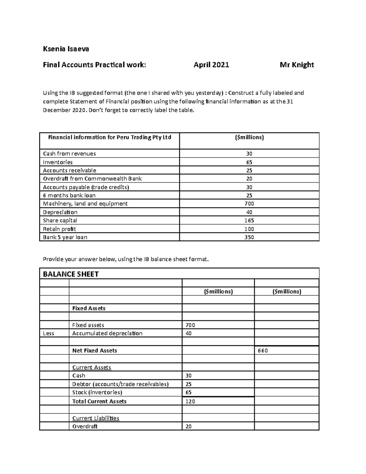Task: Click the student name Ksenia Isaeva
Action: pyautogui.click(x=66, y=49)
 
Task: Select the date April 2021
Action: pyautogui.click(x=211, y=65)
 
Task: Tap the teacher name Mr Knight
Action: pyautogui.click(x=297, y=65)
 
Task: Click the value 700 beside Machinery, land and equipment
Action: pyautogui.click(x=249, y=204)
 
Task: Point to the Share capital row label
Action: pyautogui.click(x=60, y=220)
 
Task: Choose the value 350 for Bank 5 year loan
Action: pyautogui.click(x=249, y=237)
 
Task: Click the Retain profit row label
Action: pyautogui.click(x=59, y=229)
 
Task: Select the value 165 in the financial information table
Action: pyautogui.click(x=249, y=220)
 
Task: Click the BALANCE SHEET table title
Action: pyautogui.click(x=71, y=274)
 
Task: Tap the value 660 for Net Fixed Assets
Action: pyautogui.click(x=263, y=351)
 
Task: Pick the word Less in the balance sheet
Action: pyautogui.click(x=48, y=333)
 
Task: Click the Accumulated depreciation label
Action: pyautogui.click(x=107, y=333)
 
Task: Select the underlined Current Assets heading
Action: pyautogui.click(x=91, y=367)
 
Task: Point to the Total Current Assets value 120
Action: pyautogui.click(x=190, y=401)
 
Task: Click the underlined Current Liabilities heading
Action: pyautogui.click(x=95, y=418)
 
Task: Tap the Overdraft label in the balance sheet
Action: pyautogui.click(x=85, y=426)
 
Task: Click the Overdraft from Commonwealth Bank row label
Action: pyautogui.click(x=92, y=179)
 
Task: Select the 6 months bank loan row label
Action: pyautogui.click(x=69, y=195)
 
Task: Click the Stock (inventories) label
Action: pyautogui.click(x=97, y=393)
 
